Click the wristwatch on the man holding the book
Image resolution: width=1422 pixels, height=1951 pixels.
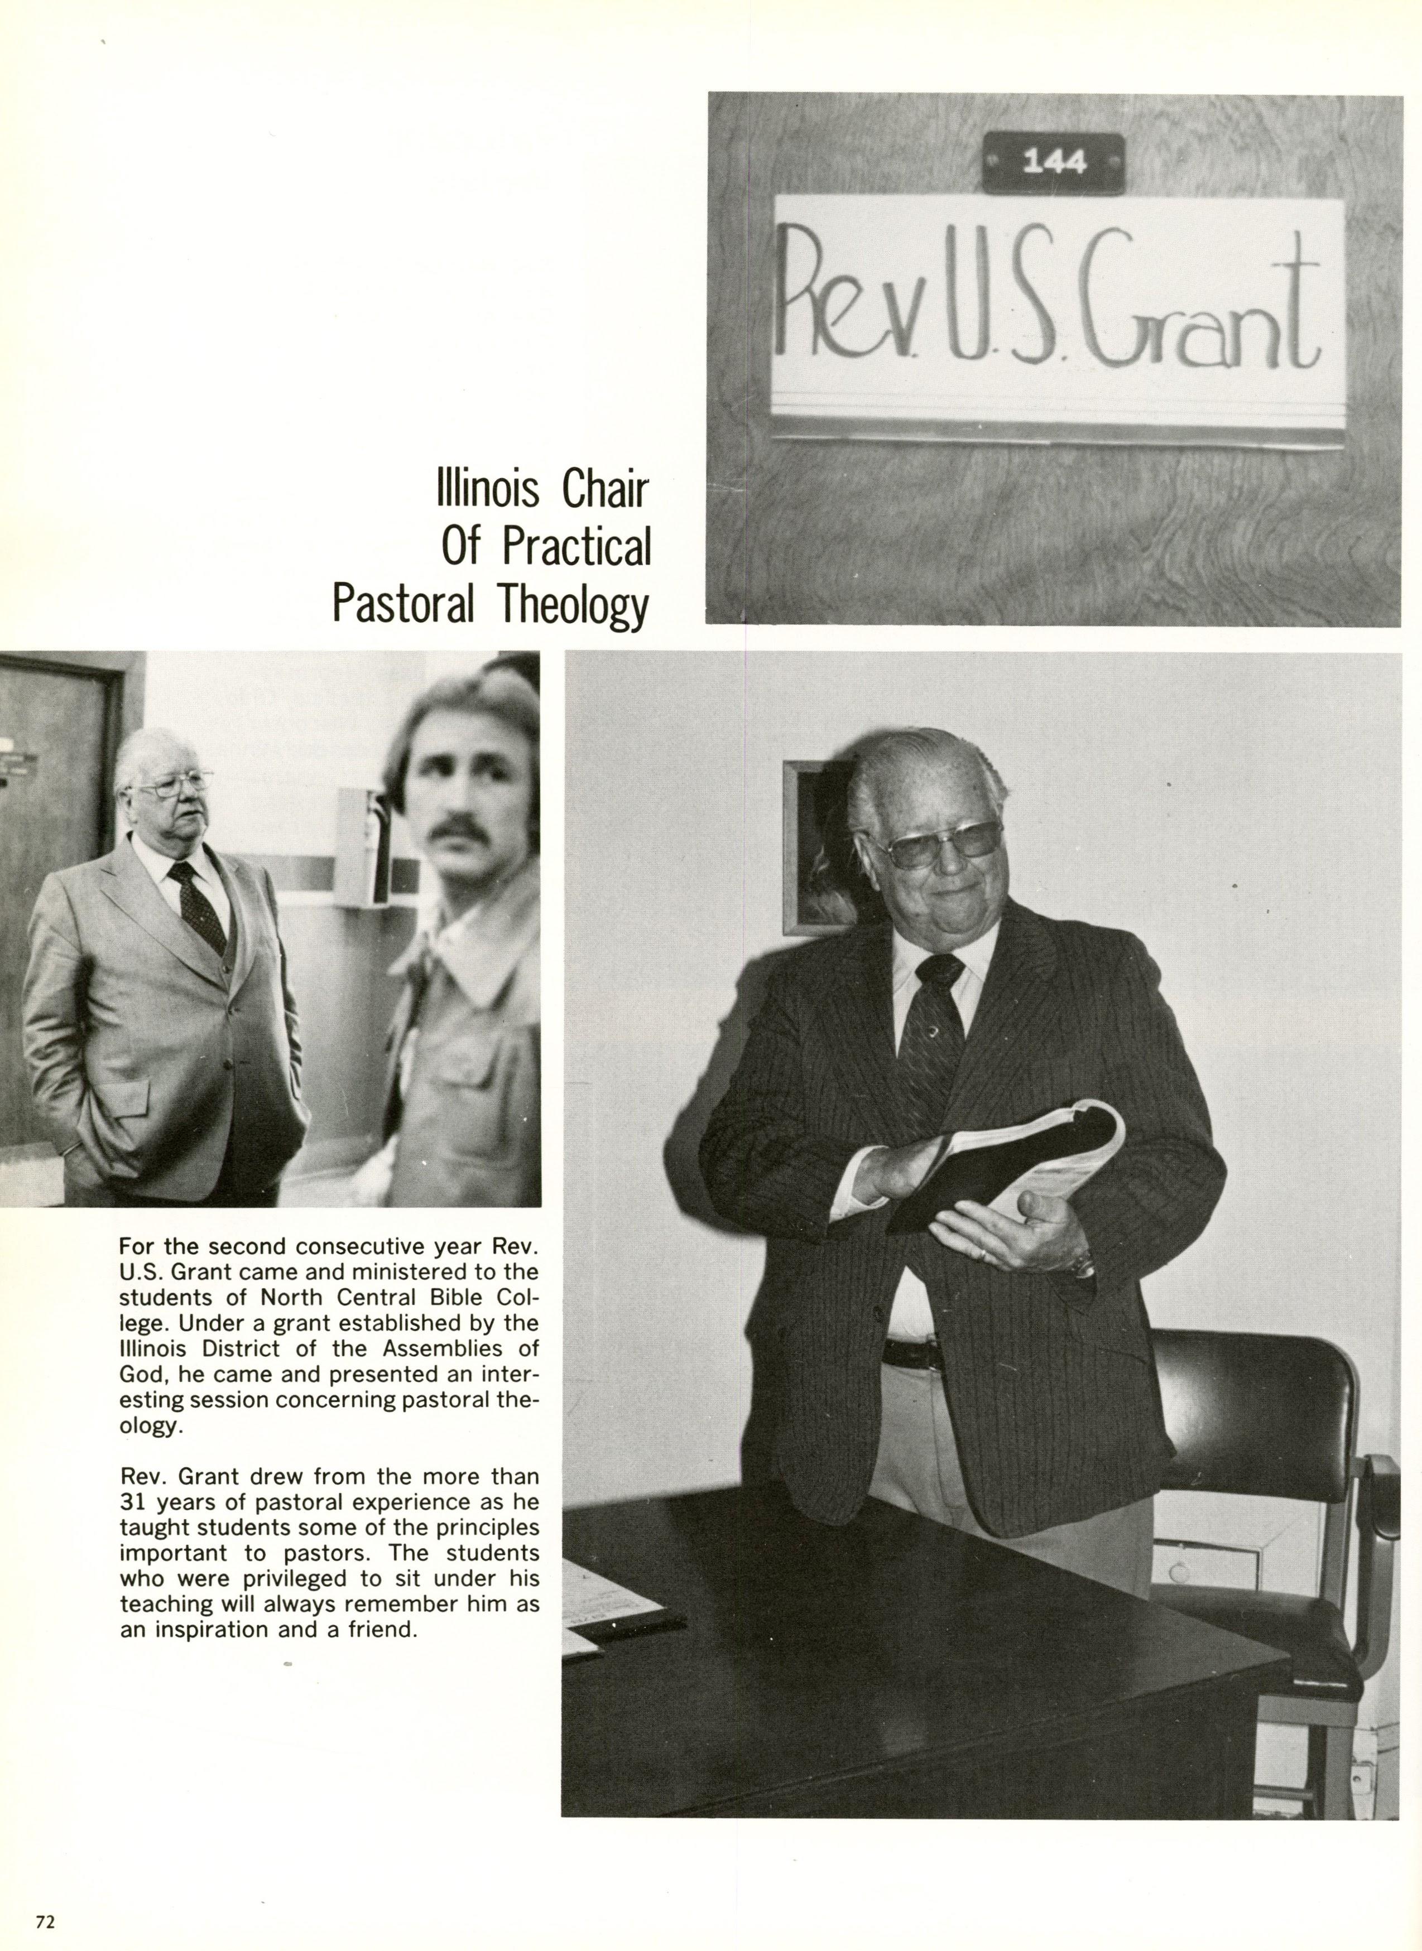1082,1263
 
